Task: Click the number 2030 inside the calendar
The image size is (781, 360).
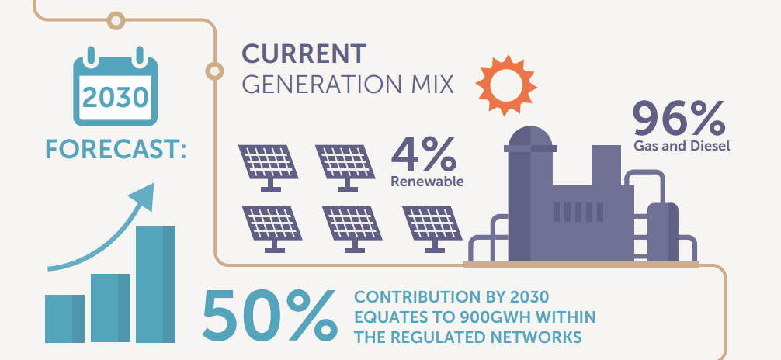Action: pos(115,97)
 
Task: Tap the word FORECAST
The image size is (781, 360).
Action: pos(116,147)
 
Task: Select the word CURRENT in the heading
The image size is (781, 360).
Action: pos(303,54)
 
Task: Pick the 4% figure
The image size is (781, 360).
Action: pos(423,153)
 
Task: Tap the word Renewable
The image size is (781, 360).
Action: pos(427,182)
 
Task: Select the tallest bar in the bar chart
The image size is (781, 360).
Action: pos(156,283)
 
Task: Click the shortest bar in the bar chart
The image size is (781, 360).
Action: pos(64,318)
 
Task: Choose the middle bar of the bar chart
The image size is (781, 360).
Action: pos(110,307)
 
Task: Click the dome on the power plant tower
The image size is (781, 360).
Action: pos(530,139)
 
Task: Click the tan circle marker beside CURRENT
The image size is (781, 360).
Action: pos(213,71)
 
